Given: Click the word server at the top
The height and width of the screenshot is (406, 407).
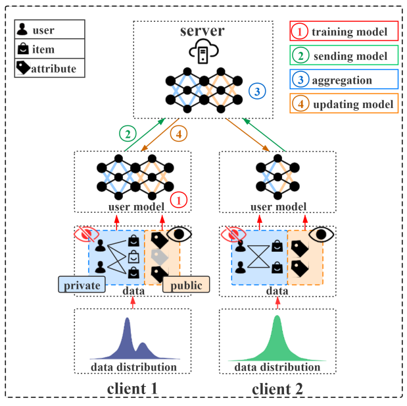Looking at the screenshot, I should point(204,32).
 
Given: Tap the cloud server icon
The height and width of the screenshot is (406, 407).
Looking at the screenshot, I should point(204,52).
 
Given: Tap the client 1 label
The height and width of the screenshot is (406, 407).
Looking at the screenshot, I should point(132,390).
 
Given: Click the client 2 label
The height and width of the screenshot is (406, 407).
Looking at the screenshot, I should point(277,390).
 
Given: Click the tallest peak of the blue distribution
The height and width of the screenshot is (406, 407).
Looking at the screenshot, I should point(127,321).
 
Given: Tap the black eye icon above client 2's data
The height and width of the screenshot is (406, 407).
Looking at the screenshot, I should point(322,233).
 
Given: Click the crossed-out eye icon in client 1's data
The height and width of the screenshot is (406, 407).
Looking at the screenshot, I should point(87,233).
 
